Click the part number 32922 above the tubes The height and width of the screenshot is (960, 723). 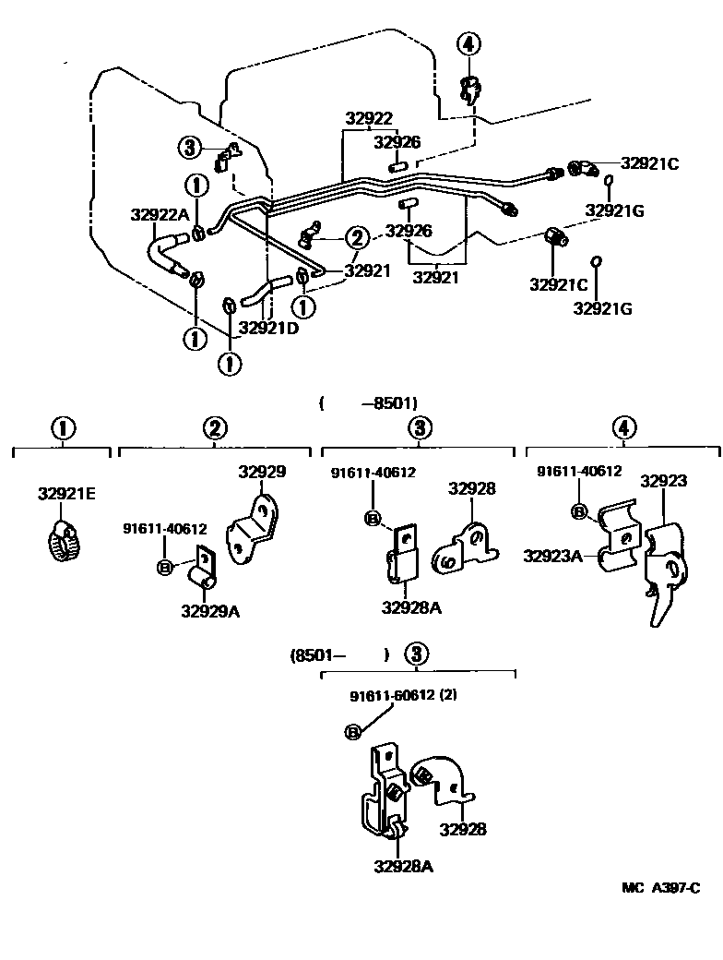(x=369, y=118)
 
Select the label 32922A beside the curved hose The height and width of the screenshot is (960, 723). (x=160, y=214)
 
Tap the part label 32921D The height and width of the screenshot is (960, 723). (x=268, y=327)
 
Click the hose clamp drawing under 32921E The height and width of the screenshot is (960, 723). (x=63, y=543)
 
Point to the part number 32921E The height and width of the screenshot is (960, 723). (x=66, y=493)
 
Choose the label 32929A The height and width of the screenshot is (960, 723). (x=210, y=610)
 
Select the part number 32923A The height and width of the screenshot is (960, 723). (x=552, y=556)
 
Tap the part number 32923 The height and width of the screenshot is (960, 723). (x=664, y=481)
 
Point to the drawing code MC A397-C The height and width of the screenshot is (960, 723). (x=660, y=888)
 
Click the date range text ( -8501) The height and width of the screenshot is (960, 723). (x=369, y=402)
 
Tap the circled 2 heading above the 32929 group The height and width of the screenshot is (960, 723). (x=214, y=427)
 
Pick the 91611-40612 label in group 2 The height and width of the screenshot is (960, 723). (x=165, y=529)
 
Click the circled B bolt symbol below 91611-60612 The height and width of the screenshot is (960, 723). (x=352, y=731)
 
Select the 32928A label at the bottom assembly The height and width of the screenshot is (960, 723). (x=404, y=866)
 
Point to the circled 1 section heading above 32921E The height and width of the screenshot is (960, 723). (x=62, y=427)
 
